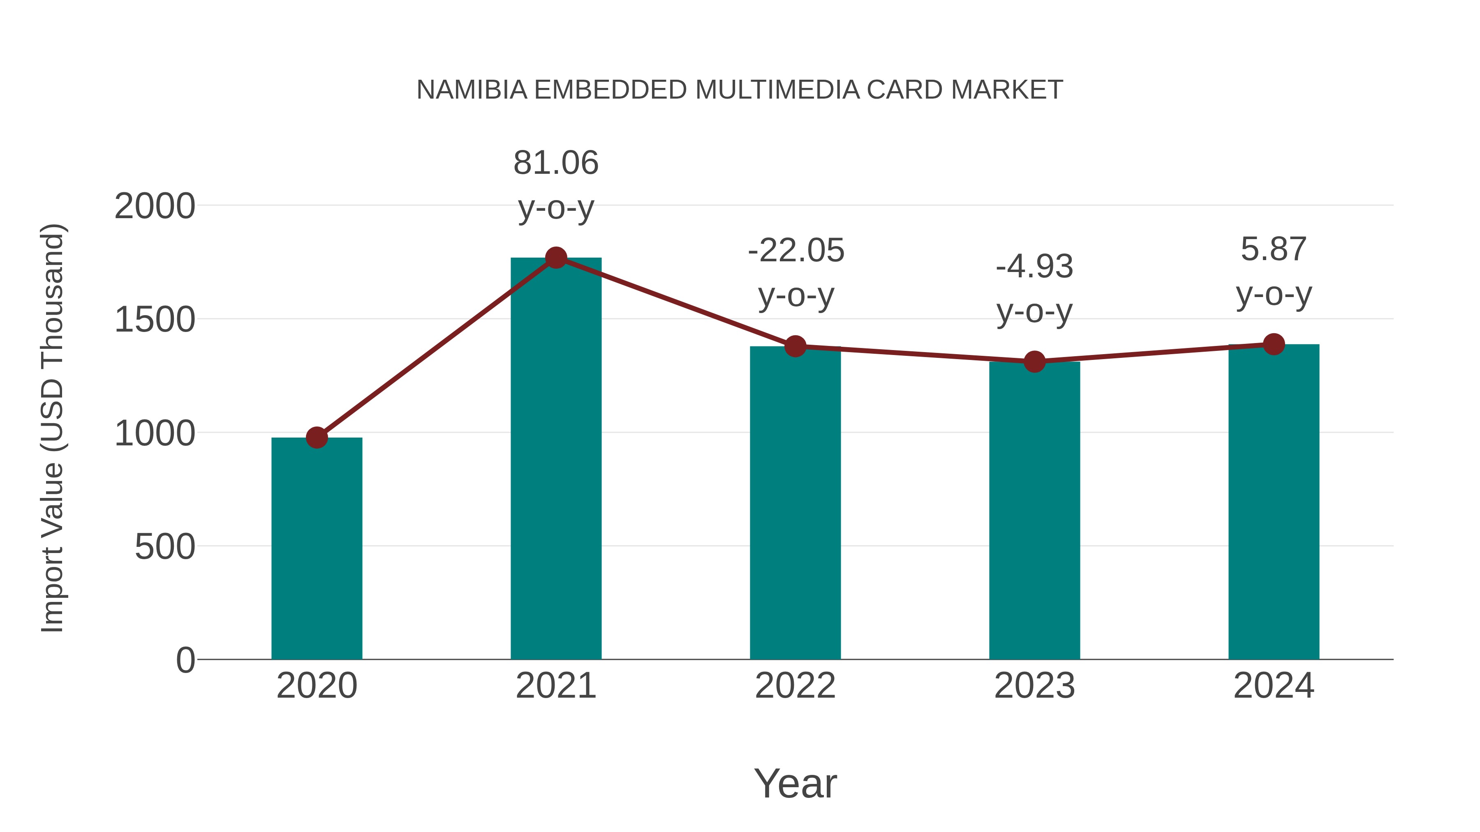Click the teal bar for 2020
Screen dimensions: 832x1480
point(317,549)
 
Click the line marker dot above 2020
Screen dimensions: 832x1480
point(317,438)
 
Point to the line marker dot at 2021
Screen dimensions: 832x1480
point(555,258)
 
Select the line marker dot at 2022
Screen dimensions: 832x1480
point(795,346)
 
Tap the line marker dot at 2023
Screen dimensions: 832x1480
point(1034,362)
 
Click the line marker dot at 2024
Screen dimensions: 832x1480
point(1273,344)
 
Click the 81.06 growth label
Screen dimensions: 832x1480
point(555,163)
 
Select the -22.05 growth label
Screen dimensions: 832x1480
point(796,251)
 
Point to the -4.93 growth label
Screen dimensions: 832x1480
point(1034,267)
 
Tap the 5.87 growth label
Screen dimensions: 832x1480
point(1273,250)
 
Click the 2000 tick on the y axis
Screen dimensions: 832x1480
point(155,206)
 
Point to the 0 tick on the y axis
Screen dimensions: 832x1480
point(185,660)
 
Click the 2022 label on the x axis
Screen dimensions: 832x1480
point(795,686)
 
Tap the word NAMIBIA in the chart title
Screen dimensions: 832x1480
point(472,90)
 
